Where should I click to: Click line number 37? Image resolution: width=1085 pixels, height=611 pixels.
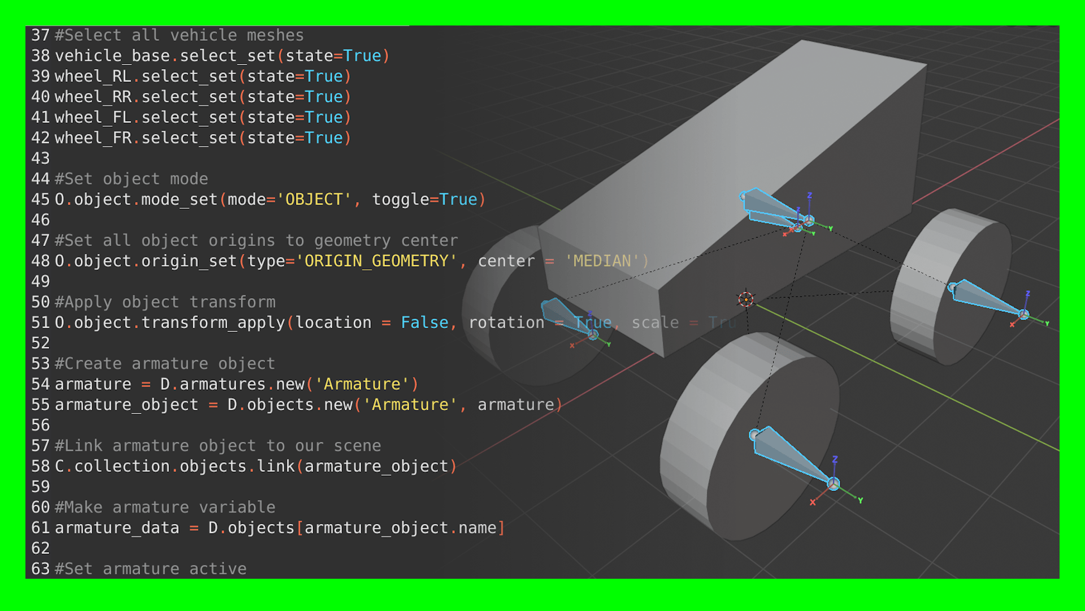coord(40,35)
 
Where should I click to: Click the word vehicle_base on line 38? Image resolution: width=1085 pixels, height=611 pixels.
coord(112,56)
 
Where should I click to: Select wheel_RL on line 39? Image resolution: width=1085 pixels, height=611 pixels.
coord(93,76)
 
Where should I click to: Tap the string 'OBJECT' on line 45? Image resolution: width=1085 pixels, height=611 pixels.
coord(314,200)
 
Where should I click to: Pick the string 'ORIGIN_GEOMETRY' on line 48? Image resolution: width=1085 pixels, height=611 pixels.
coord(376,261)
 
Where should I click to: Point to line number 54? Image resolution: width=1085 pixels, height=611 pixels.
coord(40,385)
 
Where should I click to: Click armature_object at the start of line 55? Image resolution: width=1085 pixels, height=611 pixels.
coord(127,405)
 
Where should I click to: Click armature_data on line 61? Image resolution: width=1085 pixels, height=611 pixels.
coord(117,528)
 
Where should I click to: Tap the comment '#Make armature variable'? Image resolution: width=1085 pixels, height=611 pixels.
coord(165,507)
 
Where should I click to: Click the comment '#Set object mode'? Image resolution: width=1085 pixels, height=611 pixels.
coord(131,179)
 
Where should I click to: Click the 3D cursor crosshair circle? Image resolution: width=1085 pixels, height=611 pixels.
coord(745,299)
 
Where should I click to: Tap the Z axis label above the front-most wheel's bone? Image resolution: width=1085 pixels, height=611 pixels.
coord(835,459)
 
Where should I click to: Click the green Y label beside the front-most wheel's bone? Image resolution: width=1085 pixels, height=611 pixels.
coord(860,501)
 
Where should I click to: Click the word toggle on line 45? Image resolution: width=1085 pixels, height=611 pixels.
coord(400,200)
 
